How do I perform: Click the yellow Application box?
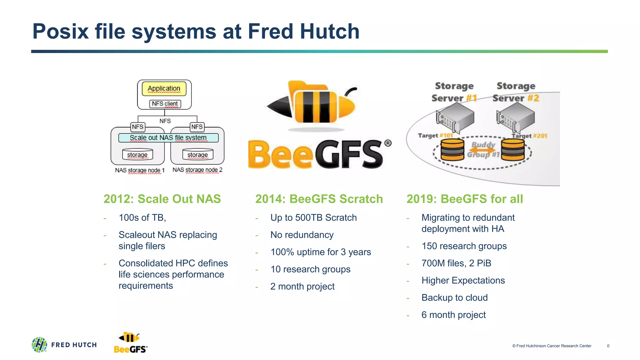click(x=164, y=89)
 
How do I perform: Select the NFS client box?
click(x=165, y=104)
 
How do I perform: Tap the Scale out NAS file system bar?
click(x=168, y=138)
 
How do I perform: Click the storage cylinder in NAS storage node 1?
click(x=137, y=154)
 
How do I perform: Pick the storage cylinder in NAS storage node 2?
click(x=197, y=154)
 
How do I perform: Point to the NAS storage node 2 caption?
click(x=197, y=170)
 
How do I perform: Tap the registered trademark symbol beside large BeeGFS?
click(x=388, y=143)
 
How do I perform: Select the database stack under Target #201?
click(x=512, y=149)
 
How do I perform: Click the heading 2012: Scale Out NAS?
click(x=162, y=199)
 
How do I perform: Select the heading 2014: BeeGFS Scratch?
click(x=319, y=199)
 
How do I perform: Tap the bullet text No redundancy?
click(x=302, y=235)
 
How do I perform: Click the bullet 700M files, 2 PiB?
click(x=456, y=263)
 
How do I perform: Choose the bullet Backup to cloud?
click(x=454, y=298)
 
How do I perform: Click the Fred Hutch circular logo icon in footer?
click(x=39, y=345)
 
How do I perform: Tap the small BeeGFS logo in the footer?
click(x=130, y=343)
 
